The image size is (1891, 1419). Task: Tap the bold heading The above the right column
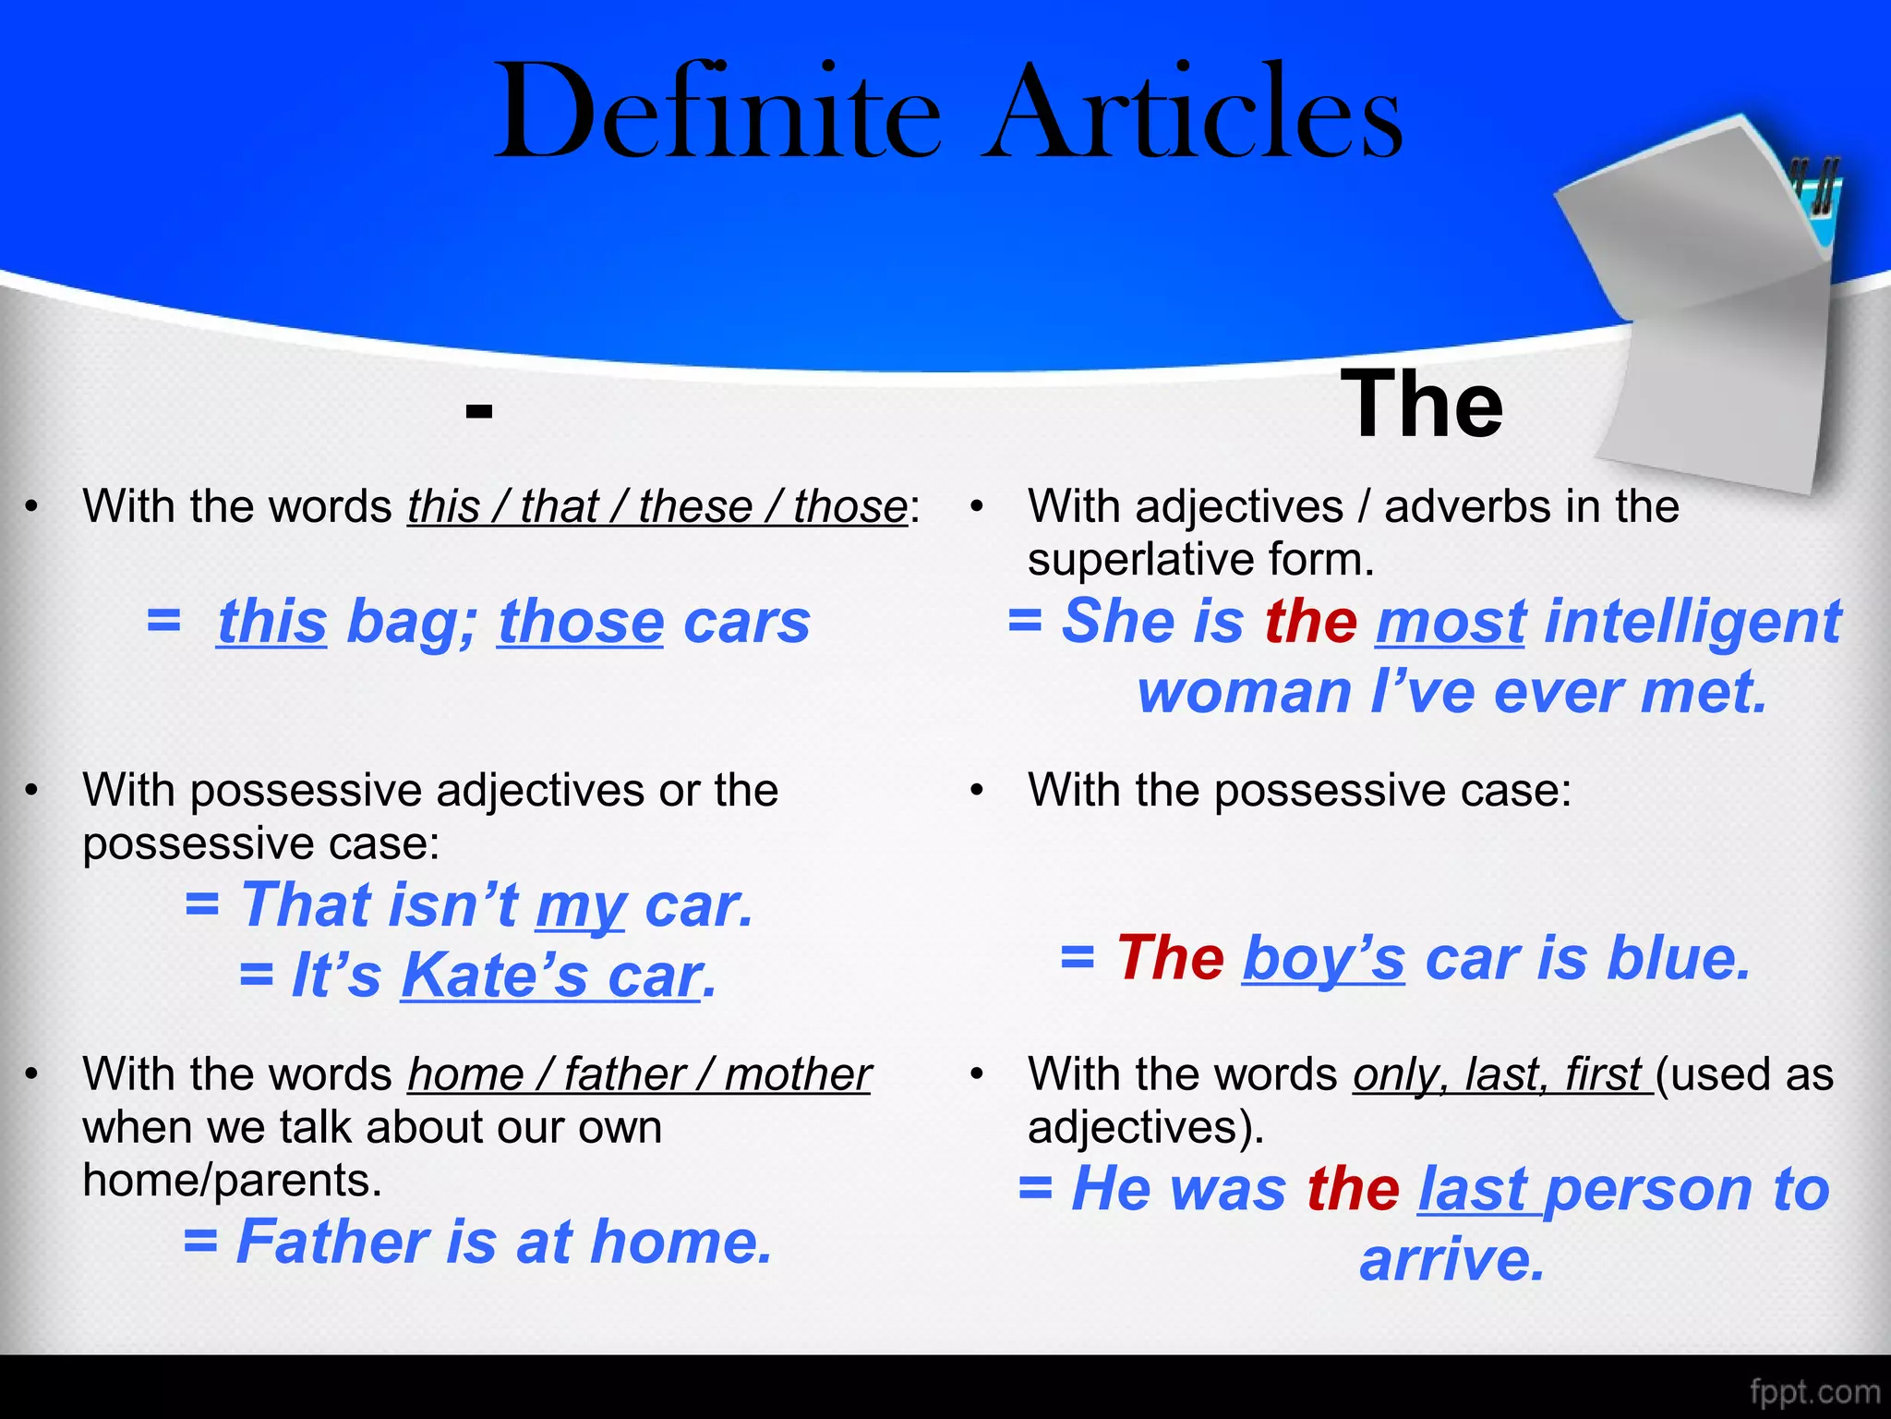click(x=1421, y=405)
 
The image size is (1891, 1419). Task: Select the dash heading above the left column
click(x=479, y=410)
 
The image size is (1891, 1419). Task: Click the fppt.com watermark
click(x=1814, y=1391)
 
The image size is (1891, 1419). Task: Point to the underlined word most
click(x=1451, y=621)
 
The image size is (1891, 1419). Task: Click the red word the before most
click(x=1310, y=621)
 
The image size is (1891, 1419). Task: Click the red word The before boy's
click(x=1170, y=958)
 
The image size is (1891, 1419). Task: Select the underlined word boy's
click(x=1323, y=958)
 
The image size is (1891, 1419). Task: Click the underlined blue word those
click(x=581, y=622)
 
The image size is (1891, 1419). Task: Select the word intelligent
click(x=1692, y=621)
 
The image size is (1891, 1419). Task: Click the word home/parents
click(x=232, y=1181)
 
